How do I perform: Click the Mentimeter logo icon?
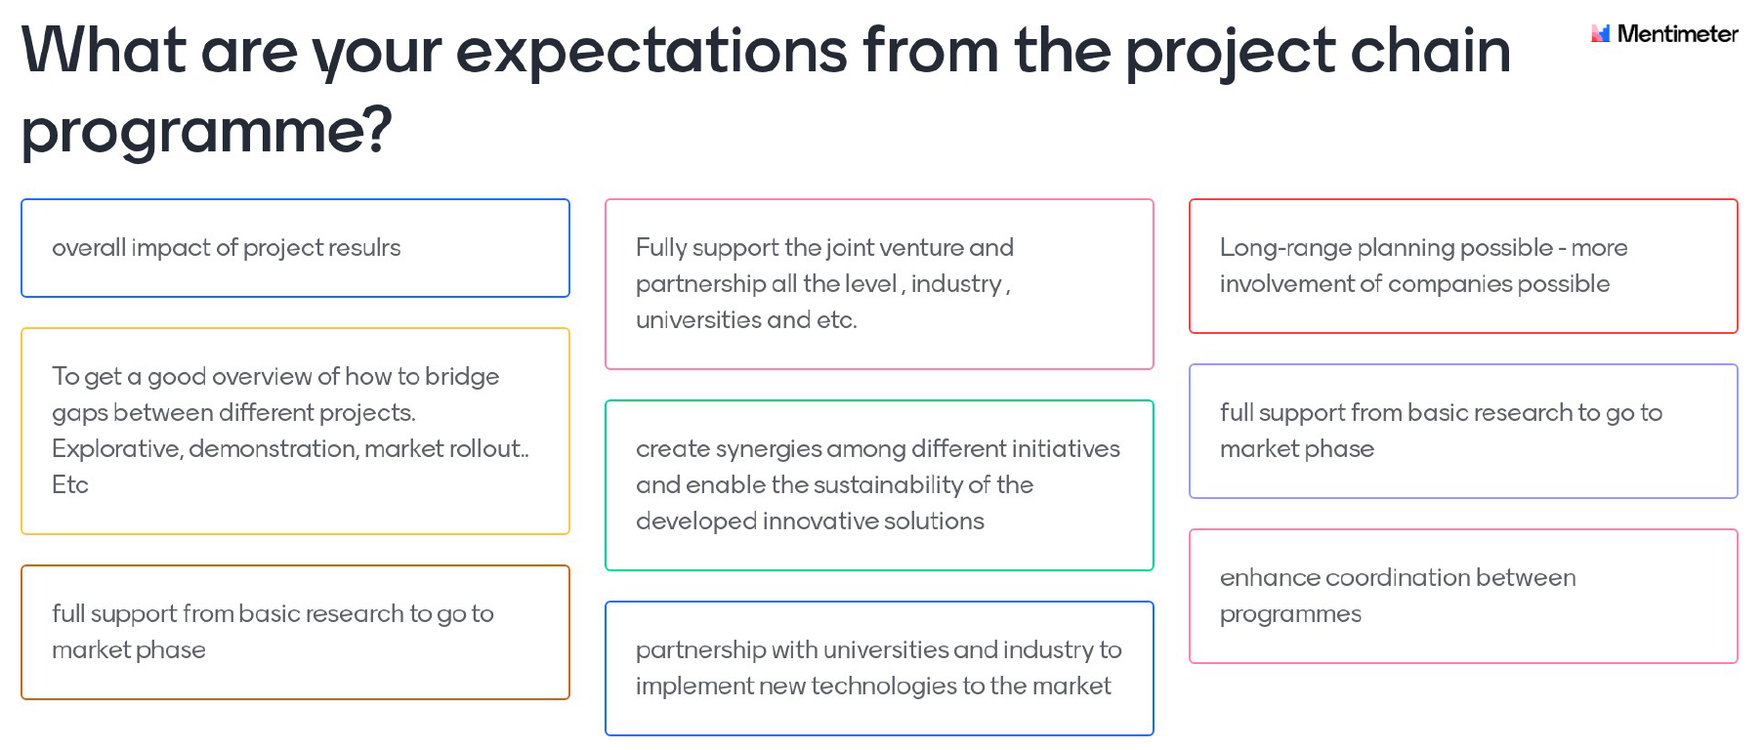tap(1600, 33)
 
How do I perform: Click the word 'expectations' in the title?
tap(651, 50)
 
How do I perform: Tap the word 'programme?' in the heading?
tap(207, 131)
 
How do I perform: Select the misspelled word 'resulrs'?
tap(363, 248)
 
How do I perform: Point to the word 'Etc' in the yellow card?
tap(70, 484)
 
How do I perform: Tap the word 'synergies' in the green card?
tap(768, 449)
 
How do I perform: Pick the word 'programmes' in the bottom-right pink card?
tap(1290, 614)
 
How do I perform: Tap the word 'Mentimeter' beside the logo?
tap(1678, 34)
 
